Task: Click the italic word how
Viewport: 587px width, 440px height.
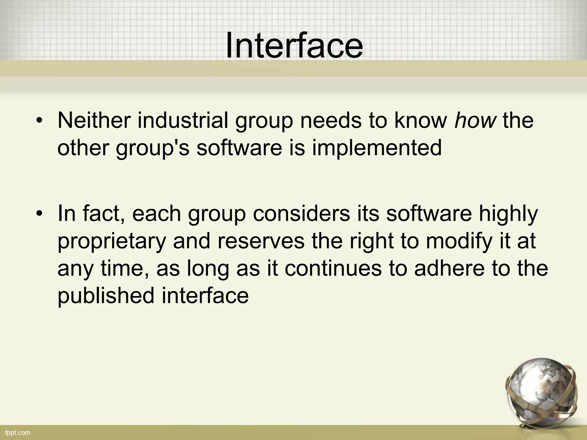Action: pos(475,121)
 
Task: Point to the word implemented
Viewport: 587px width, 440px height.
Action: pos(377,148)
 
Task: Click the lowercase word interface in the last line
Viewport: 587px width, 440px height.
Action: pos(205,296)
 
